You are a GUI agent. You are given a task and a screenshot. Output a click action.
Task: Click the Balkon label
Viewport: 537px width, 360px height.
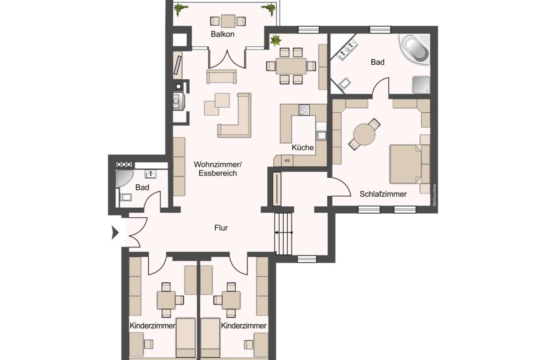[223, 34]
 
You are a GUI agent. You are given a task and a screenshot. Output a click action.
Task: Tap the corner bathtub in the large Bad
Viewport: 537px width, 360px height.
[416, 48]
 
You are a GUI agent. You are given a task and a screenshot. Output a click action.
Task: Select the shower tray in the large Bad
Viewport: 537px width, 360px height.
[420, 84]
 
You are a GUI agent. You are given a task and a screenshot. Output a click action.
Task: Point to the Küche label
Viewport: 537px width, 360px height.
[303, 148]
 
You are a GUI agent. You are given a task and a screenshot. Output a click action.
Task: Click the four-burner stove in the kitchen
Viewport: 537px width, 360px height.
[304, 110]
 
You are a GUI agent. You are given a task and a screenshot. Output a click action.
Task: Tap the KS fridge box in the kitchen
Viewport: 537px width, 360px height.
[287, 160]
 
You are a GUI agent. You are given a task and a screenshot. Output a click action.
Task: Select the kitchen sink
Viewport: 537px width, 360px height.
[321, 135]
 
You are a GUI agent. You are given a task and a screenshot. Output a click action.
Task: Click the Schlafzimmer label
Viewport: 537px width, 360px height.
[383, 194]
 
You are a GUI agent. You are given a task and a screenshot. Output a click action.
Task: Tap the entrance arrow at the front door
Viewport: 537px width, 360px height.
[115, 233]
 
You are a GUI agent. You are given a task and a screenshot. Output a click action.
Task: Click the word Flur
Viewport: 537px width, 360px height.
[221, 227]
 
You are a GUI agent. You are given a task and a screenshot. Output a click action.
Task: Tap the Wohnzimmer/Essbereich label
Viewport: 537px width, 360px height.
[215, 168]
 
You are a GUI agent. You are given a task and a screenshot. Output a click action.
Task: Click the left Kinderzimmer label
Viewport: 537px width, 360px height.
[152, 326]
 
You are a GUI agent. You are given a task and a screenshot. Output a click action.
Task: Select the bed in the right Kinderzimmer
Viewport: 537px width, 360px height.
[210, 337]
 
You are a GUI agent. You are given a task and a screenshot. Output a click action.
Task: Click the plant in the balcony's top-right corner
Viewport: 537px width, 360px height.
[269, 8]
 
